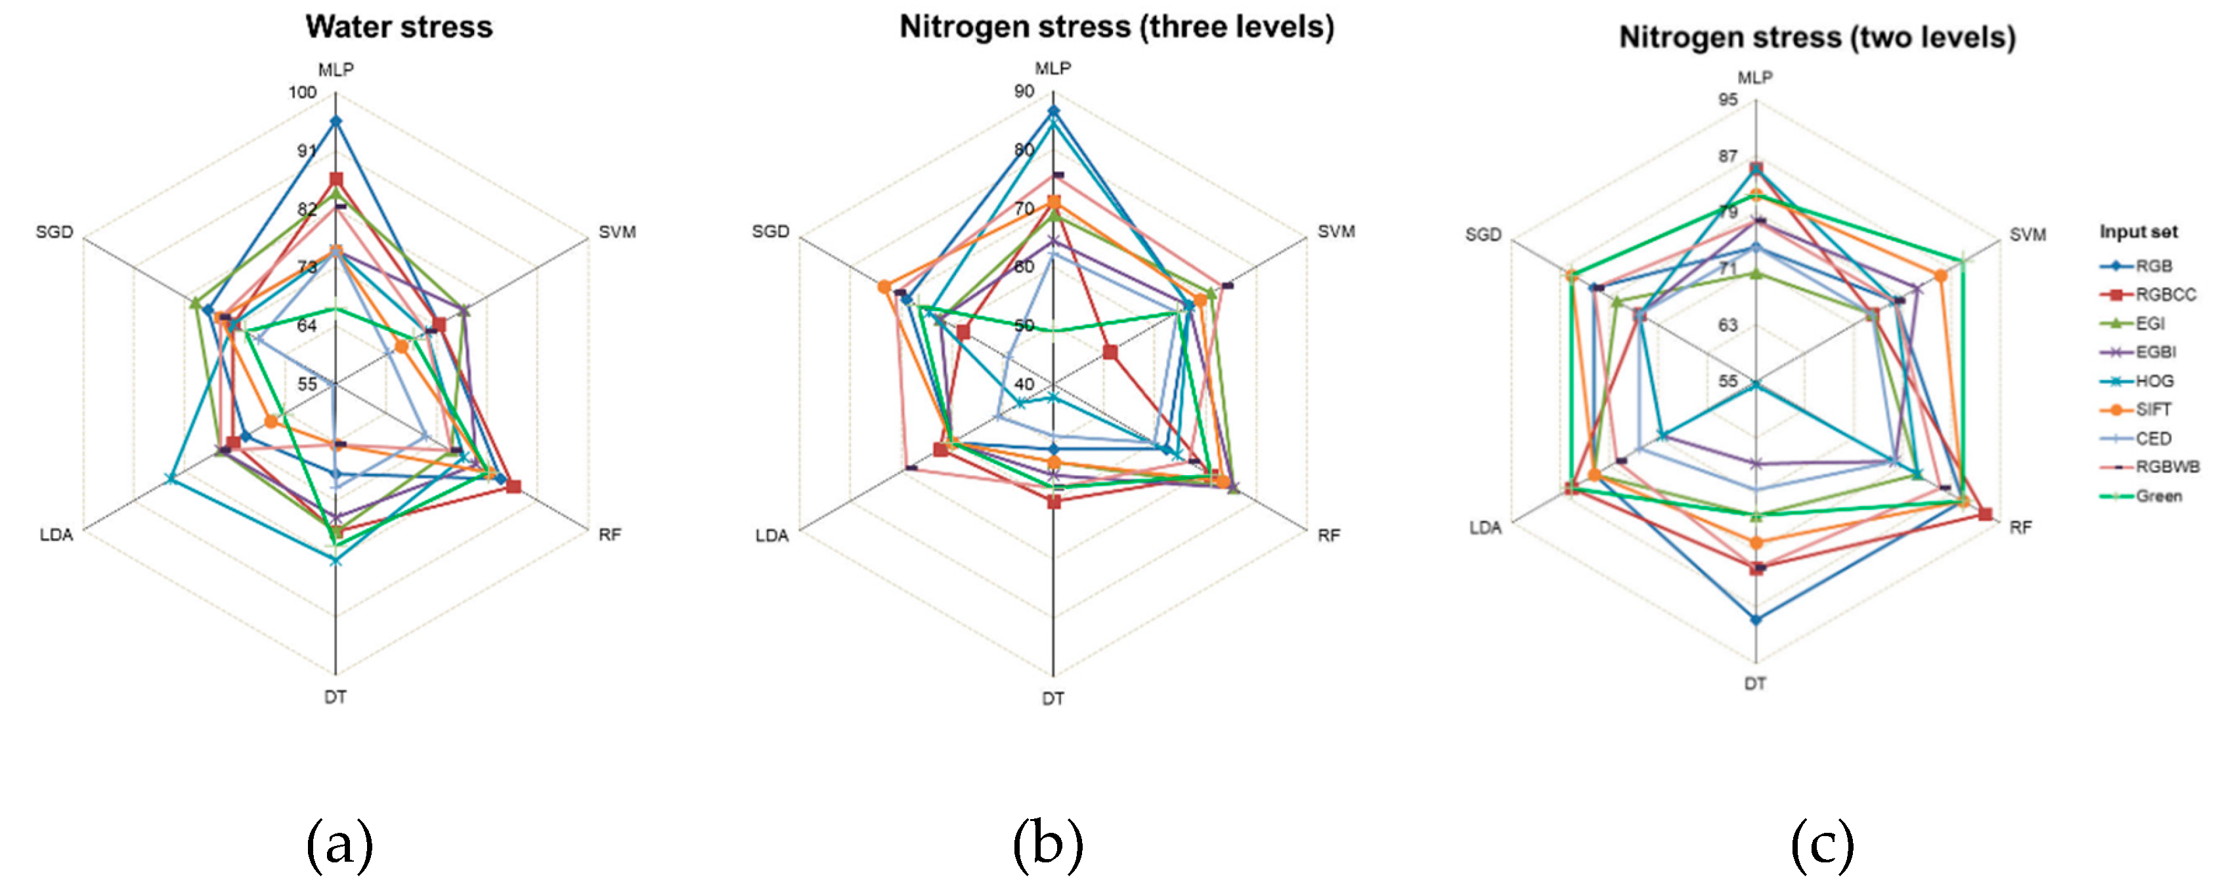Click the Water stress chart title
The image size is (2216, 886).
click(399, 27)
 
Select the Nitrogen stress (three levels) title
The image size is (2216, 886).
click(1117, 27)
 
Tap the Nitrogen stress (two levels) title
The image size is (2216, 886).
click(1817, 37)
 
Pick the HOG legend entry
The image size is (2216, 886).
click(2154, 381)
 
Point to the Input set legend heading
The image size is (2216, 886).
click(2138, 232)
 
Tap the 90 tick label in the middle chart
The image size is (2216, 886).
click(1024, 92)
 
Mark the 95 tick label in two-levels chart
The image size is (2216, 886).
click(1727, 100)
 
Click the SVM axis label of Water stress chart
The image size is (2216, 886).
click(617, 232)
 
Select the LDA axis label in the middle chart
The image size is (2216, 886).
click(771, 536)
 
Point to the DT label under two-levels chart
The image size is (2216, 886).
click(1755, 684)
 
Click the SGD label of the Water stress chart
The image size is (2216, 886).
click(54, 232)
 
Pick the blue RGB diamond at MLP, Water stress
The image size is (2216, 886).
click(336, 121)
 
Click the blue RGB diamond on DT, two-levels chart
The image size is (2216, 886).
click(1756, 620)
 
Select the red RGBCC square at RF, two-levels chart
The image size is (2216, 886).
click(1985, 515)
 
